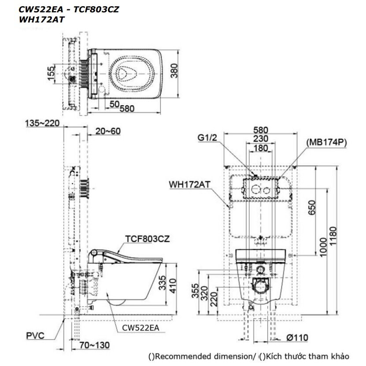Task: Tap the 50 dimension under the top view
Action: click(114, 104)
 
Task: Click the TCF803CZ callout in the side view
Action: click(143, 238)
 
